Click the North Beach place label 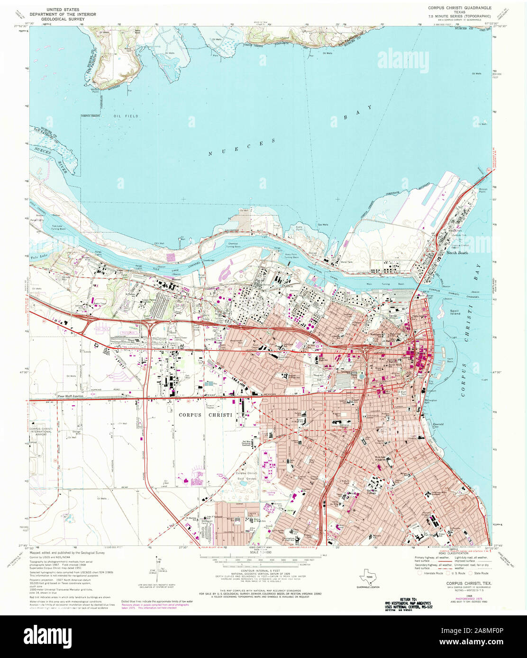(x=457, y=253)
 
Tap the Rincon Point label (x=483, y=190)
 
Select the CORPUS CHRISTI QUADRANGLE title (x=459, y=8)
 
